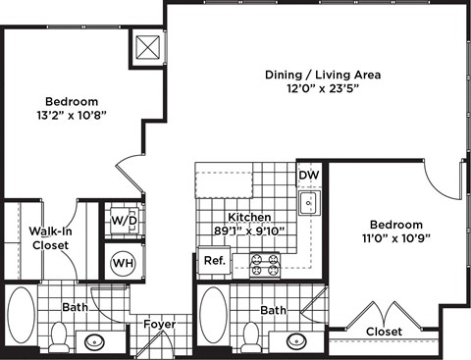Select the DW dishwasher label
click(x=309, y=177)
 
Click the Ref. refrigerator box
click(x=213, y=262)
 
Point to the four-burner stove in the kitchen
click(x=266, y=264)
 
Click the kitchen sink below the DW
click(x=308, y=203)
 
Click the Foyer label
click(x=159, y=325)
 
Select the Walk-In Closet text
click(x=50, y=237)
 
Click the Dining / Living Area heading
click(x=323, y=75)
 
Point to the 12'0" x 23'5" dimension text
click(x=323, y=89)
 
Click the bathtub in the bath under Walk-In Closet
click(x=21, y=315)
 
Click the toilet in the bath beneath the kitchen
click(x=251, y=337)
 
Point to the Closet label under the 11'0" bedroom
click(x=384, y=333)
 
